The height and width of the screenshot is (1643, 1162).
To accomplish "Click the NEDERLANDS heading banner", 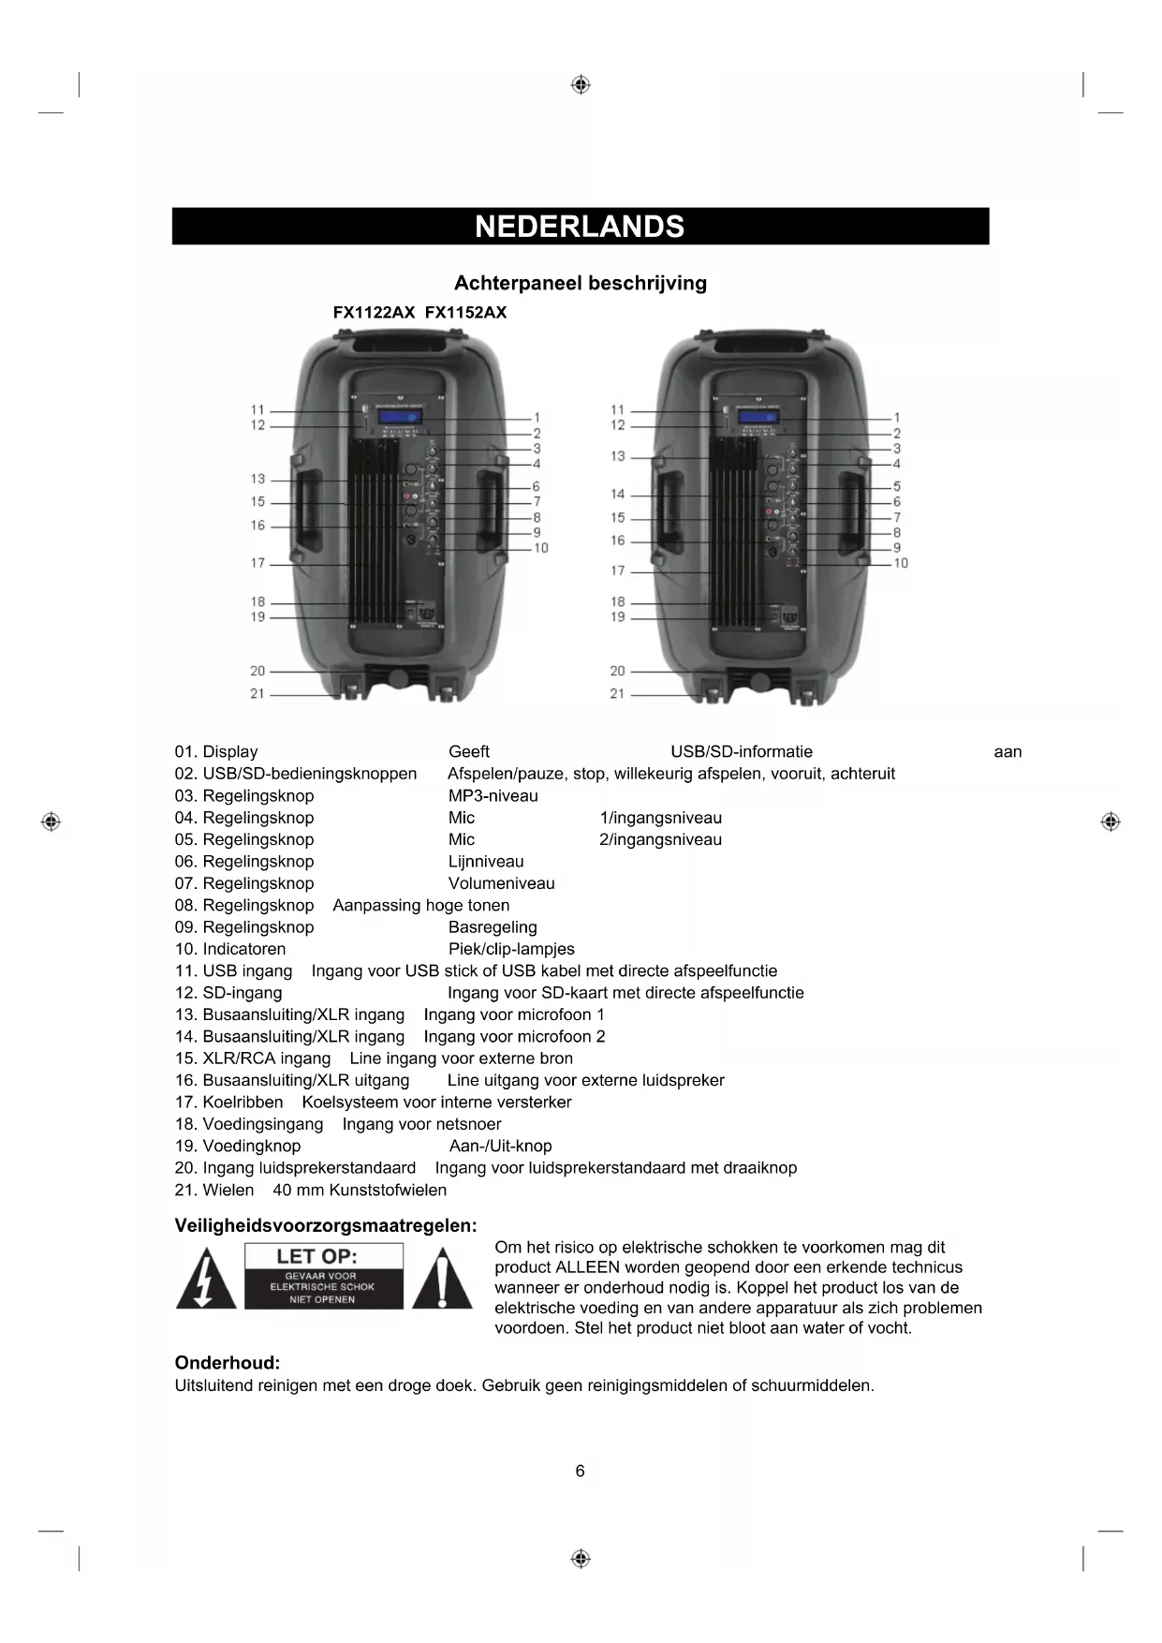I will click(x=580, y=227).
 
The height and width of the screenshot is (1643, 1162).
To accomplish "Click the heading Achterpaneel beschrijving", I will click(x=580, y=283).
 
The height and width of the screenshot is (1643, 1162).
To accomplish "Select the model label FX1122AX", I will click(x=374, y=313).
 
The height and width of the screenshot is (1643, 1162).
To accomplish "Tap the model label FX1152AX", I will click(x=465, y=313).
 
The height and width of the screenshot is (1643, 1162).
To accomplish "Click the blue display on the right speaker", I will click(x=758, y=418).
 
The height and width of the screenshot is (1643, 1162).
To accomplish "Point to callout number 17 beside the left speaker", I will click(x=257, y=563).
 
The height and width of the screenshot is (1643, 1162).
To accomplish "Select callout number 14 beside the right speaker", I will click(x=617, y=494).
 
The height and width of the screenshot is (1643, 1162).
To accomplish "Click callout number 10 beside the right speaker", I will click(x=901, y=563).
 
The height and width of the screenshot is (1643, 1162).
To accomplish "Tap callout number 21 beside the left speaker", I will click(x=257, y=693).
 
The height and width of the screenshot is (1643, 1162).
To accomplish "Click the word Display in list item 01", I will click(x=230, y=752).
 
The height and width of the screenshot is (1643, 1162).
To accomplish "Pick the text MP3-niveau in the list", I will click(x=493, y=796).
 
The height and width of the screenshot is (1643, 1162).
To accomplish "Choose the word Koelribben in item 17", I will click(x=243, y=1103).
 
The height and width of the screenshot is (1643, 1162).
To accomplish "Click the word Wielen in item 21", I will click(x=228, y=1190).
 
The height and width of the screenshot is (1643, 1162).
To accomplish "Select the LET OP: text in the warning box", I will click(x=316, y=1257).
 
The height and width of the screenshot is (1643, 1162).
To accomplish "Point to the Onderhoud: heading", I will click(x=228, y=1363).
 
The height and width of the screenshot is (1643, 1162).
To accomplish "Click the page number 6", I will click(x=580, y=1471).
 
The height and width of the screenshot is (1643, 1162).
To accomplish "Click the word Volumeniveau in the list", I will click(x=502, y=883).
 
